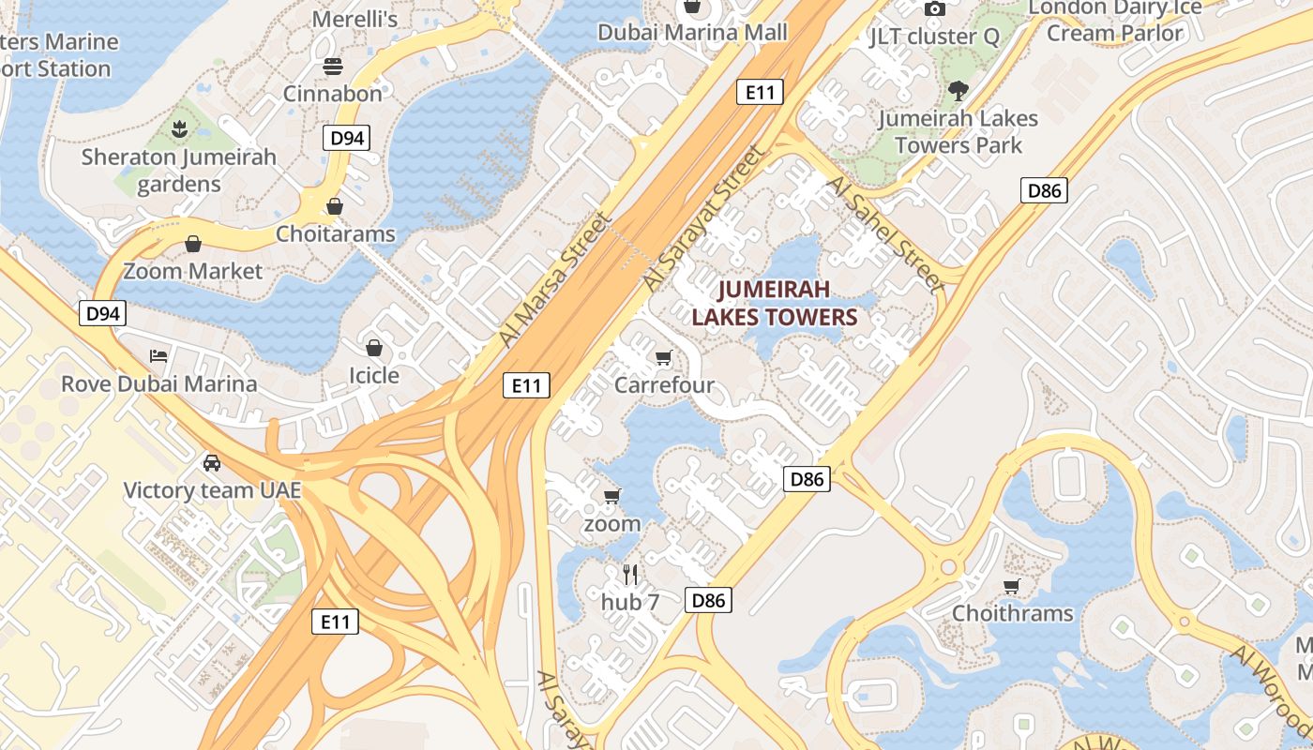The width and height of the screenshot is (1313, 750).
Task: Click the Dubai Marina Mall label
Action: pos(693,33)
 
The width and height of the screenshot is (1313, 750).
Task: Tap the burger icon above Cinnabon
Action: pos(333,67)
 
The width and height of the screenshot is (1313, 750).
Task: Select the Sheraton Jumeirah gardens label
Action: pos(179,170)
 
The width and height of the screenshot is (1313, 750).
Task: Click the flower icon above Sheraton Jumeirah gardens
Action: pos(179,127)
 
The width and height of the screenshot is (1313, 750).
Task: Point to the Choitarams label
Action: pos(335,233)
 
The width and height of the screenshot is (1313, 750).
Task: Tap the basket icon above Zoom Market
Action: pos(193,245)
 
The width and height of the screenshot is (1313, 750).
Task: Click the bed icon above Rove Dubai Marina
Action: pos(158,356)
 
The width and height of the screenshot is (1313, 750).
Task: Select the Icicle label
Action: pos(374,375)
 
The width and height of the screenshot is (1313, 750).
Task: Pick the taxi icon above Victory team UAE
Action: pos(212,462)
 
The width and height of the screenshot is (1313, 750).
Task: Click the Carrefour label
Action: pos(664,384)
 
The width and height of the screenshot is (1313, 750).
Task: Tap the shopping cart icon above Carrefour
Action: pos(664,357)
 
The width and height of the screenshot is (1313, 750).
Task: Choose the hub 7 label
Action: pos(630,602)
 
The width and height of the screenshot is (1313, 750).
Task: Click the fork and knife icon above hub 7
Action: pos(630,574)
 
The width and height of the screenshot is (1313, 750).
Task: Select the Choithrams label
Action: pos(1012,613)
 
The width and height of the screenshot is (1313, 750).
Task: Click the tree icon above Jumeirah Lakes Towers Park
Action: pos(958,91)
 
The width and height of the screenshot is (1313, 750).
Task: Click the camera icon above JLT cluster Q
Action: pos(934,9)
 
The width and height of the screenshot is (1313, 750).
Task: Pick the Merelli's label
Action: pos(355,19)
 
